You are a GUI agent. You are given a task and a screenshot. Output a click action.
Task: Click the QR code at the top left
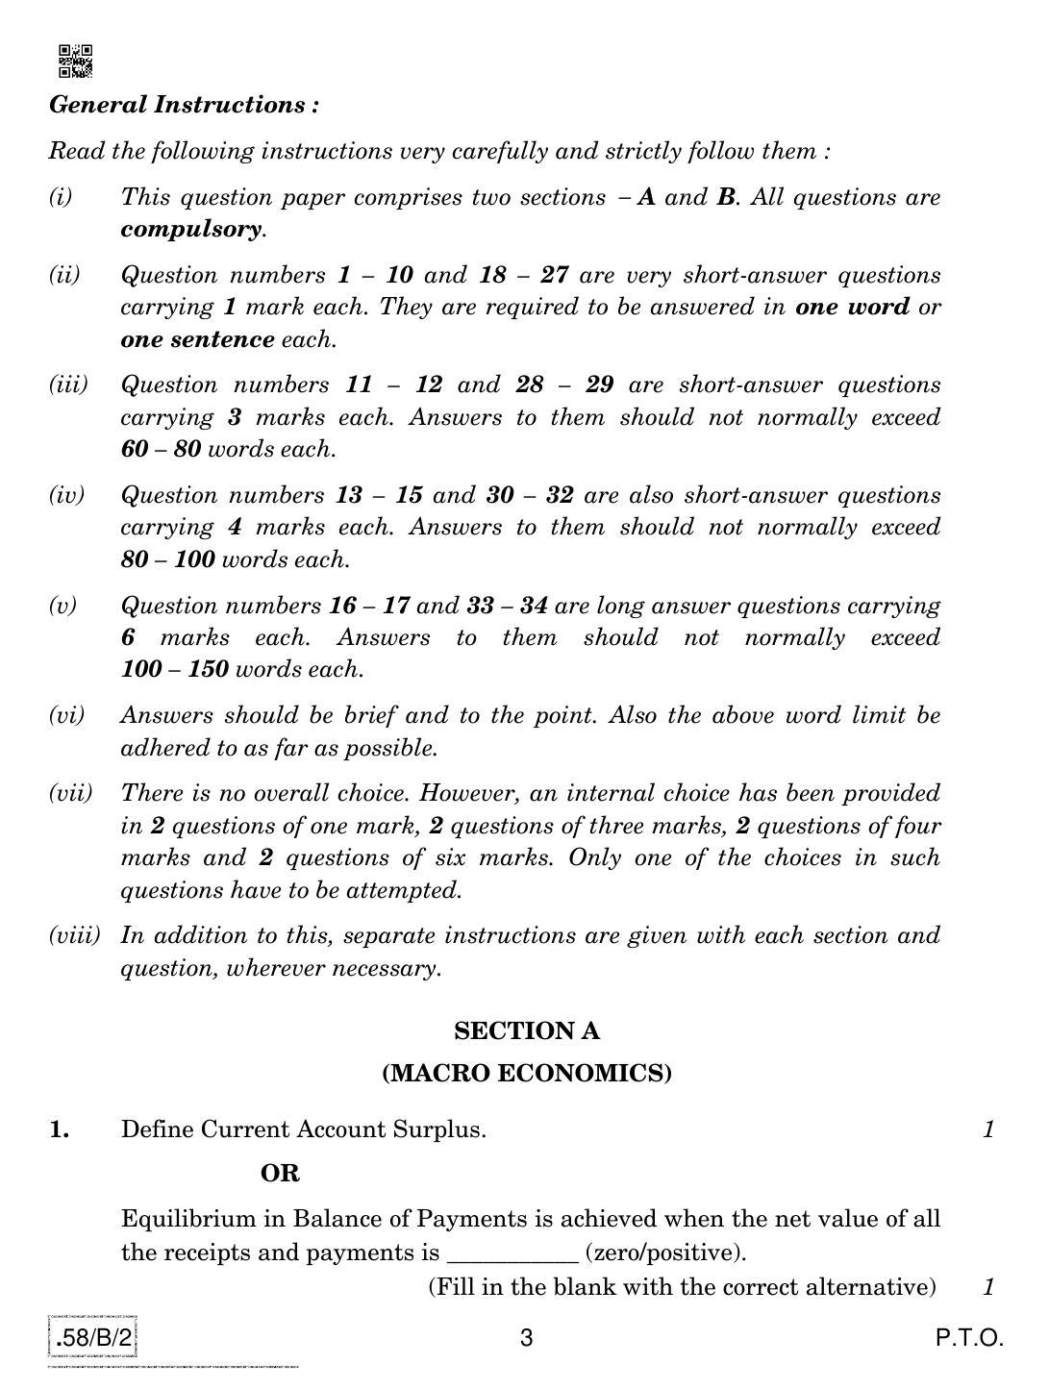point(75,60)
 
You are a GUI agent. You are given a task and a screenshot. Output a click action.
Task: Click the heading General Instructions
point(184,105)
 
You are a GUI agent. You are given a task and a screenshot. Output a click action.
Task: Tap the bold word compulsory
point(191,230)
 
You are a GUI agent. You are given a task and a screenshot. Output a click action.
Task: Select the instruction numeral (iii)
point(67,385)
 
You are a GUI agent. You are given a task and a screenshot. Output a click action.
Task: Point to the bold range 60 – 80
point(161,450)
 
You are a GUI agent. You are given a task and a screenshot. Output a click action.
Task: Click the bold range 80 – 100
point(167,559)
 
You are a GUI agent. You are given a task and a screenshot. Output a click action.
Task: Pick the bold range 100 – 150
point(174,669)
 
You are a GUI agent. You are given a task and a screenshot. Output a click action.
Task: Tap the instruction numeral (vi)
point(66,715)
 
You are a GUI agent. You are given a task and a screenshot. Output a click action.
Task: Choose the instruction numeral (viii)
point(74,935)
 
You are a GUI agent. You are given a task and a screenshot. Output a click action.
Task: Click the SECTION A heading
point(526,1031)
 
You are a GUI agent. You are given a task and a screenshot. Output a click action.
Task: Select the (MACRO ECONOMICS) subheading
point(526,1074)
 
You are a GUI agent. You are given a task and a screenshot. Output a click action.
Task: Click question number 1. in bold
point(60,1130)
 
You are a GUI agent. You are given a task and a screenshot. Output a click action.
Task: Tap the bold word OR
point(280,1174)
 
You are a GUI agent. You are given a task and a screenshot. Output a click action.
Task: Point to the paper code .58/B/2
point(94,1337)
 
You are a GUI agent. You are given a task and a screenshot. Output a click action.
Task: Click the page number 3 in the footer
point(526,1337)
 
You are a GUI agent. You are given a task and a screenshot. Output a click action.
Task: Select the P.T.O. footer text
point(970,1337)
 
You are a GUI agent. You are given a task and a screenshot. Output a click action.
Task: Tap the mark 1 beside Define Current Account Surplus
point(987,1130)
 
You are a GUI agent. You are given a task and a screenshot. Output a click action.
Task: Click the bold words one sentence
point(197,340)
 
